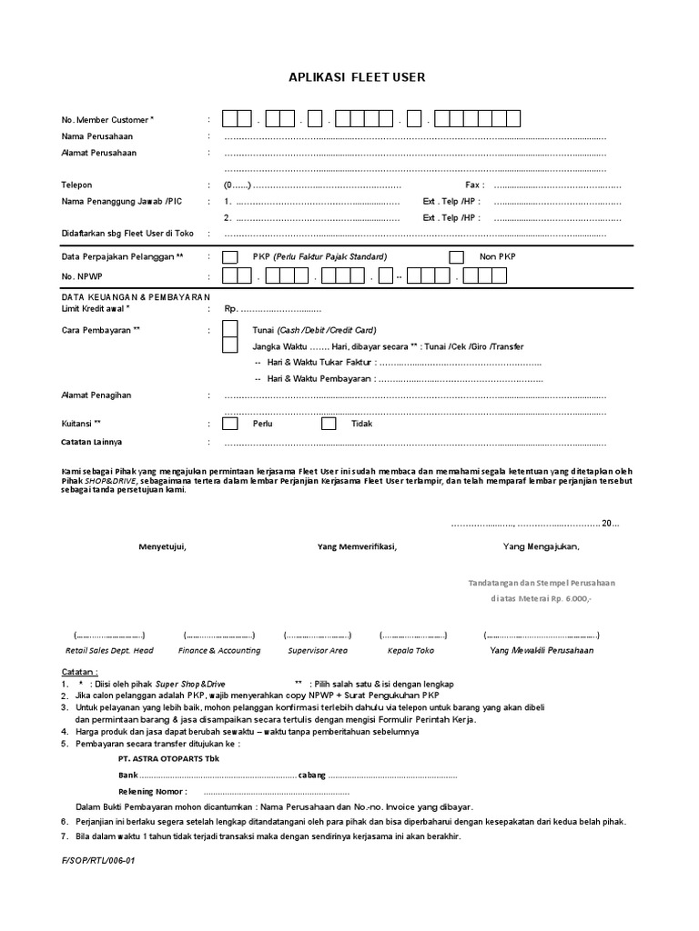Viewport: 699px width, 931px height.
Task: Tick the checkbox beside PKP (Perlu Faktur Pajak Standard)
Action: click(231, 257)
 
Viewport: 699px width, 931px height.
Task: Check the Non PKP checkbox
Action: click(457, 257)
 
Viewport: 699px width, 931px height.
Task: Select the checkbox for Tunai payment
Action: click(231, 329)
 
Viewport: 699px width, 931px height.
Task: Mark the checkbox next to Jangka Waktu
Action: click(231, 345)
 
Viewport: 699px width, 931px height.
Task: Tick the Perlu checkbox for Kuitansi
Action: click(231, 424)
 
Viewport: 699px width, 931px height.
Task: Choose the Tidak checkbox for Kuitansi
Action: click(329, 424)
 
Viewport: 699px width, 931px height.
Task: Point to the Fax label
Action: click(473, 185)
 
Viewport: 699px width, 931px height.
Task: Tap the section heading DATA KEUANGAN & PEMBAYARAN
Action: click(136, 297)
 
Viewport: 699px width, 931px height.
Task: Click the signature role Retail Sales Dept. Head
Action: click(109, 650)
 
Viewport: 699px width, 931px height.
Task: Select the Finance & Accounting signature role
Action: click(219, 650)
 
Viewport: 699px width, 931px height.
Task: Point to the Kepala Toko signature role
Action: click(411, 650)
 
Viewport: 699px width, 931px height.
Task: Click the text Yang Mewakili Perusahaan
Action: click(542, 650)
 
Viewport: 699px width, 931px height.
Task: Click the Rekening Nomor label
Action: click(153, 791)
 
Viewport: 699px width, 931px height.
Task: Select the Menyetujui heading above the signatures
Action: click(162, 546)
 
